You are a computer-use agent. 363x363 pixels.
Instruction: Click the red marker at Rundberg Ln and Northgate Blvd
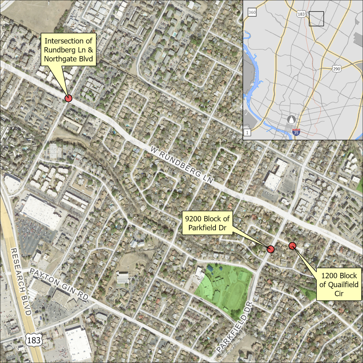(x=68, y=99)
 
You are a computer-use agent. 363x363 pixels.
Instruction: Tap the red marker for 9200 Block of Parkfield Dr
(x=270, y=249)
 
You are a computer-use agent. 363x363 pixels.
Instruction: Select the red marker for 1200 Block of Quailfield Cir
(x=292, y=245)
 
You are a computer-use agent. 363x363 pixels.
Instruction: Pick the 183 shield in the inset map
(x=301, y=14)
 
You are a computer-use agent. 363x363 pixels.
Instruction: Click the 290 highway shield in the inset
(x=336, y=68)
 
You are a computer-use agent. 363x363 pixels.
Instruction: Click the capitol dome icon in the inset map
(x=292, y=119)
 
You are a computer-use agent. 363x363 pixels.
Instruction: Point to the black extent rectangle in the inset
(x=316, y=19)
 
